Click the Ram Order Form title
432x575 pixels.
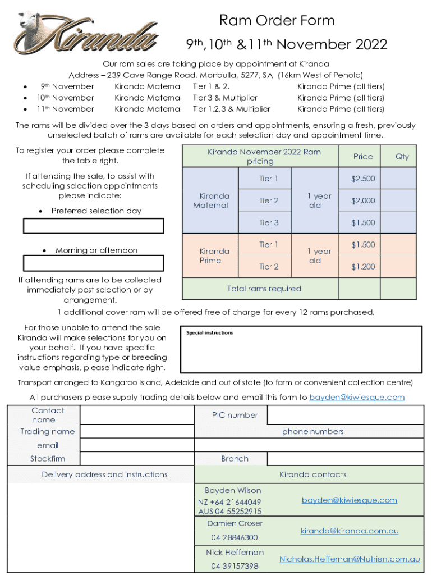[277, 21]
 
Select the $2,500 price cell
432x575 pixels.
[362, 179]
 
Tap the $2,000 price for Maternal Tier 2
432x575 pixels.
[362, 200]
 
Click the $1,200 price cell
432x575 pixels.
[362, 267]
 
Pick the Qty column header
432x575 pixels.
[402, 157]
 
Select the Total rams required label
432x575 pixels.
[264, 289]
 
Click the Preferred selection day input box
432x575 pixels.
[93, 226]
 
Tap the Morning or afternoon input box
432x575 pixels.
[93, 263]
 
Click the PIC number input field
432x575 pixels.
[345, 416]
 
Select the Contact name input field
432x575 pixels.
[137, 416]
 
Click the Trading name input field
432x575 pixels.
[137, 431]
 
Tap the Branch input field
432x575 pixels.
[345, 459]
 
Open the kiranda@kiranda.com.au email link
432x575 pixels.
[349, 531]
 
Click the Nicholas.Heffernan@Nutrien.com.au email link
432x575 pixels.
[349, 559]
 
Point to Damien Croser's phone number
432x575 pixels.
[235, 537]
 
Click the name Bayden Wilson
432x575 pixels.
[233, 490]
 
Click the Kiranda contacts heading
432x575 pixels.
[312, 474]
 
